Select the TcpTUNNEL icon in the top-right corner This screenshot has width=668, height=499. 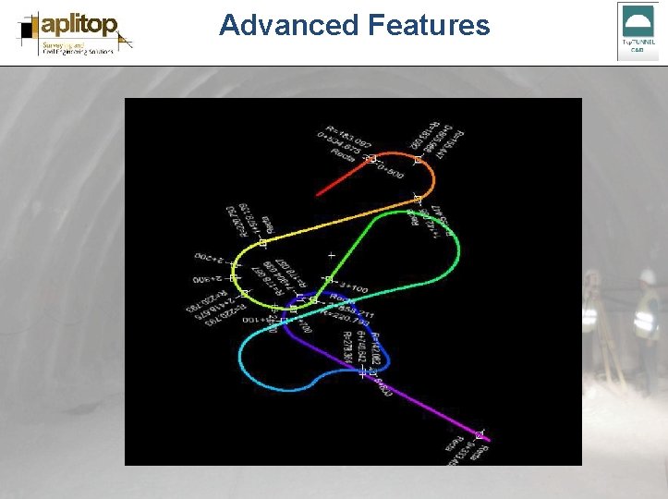coord(638,30)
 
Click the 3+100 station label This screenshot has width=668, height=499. coord(352,287)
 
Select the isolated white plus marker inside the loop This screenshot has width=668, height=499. coord(331,254)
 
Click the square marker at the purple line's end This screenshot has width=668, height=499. coord(479,434)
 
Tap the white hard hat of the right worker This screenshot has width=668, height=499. coord(648,276)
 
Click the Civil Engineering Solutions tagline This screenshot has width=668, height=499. coord(78,53)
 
